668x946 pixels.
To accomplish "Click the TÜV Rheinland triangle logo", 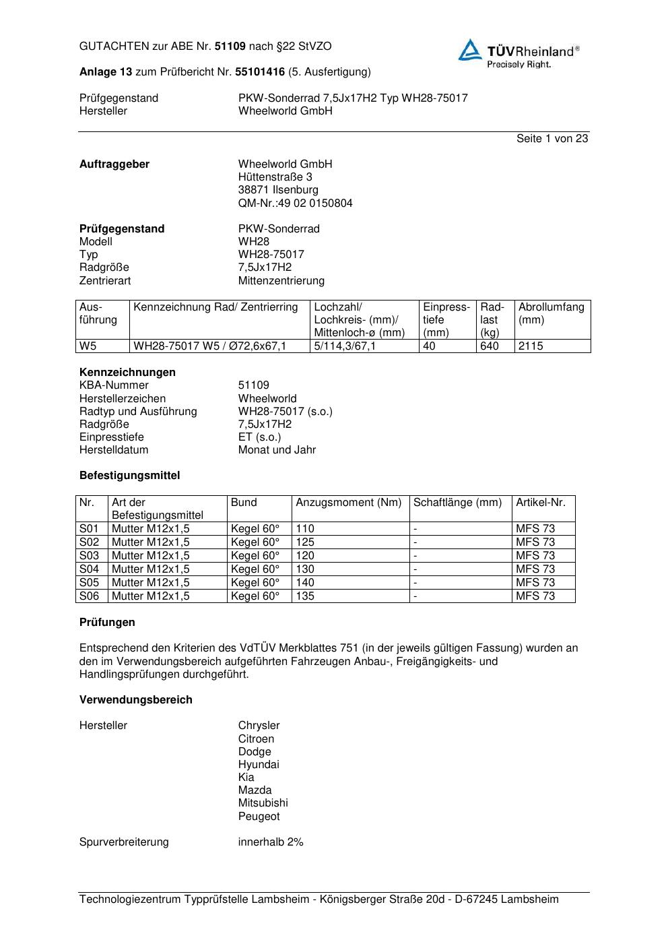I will [x=470, y=51].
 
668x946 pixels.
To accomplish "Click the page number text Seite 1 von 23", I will [x=552, y=138].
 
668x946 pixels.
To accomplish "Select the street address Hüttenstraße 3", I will [x=275, y=177].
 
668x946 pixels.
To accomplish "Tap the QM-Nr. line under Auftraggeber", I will [x=295, y=203].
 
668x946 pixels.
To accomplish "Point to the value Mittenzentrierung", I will [x=281, y=280].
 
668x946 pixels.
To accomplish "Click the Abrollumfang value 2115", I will [x=531, y=346].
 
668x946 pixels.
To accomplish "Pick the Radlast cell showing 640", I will [x=490, y=346].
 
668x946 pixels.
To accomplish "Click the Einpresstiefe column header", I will [x=446, y=319].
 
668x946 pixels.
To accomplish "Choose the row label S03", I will [x=89, y=555].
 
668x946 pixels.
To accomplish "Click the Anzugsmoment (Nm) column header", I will [x=348, y=502].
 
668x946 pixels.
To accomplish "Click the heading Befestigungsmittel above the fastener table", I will [x=129, y=475].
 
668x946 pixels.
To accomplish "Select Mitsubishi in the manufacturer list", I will [x=263, y=802].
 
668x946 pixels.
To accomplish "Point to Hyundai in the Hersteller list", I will [x=258, y=764].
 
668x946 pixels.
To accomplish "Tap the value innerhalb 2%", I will [x=271, y=842].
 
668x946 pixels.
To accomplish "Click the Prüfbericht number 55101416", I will [x=259, y=71].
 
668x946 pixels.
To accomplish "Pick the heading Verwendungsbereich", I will [x=135, y=699].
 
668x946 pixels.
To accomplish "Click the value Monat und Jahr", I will [x=277, y=449].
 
